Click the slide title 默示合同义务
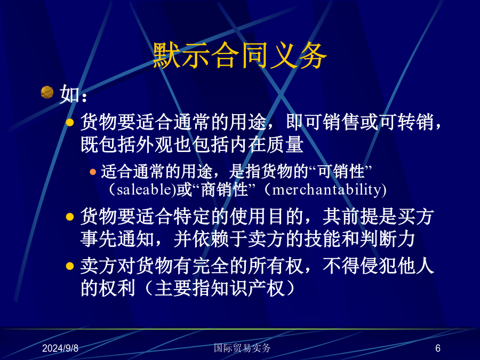coord(239,55)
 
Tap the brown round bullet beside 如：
coord(47,92)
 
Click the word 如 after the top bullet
coord(69,94)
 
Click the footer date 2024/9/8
coord(60,348)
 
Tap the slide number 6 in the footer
coord(438,348)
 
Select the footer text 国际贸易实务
coord(242,348)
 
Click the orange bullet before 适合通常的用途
coord(93,172)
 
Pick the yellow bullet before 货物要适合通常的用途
coord(70,123)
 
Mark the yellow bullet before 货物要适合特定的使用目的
coord(70,217)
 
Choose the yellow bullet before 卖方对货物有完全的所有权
coord(70,266)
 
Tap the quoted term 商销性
coord(224,190)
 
